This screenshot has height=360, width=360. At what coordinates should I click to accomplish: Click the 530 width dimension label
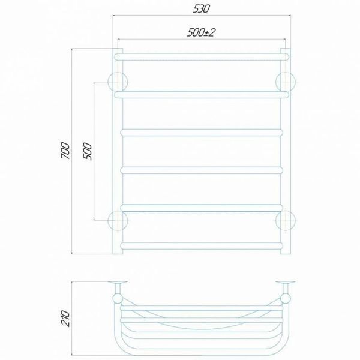click(x=202, y=9)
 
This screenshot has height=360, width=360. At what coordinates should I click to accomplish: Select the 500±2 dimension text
click(x=202, y=32)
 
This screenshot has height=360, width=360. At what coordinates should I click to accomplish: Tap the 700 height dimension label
click(x=65, y=151)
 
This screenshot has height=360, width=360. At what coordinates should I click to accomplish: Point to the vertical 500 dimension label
click(x=88, y=151)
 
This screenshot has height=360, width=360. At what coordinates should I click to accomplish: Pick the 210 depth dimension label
click(x=65, y=318)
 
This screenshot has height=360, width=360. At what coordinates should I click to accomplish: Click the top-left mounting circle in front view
click(x=118, y=82)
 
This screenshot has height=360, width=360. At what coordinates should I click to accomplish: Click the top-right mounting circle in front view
click(x=286, y=82)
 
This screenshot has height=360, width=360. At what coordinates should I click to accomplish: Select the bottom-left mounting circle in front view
click(x=118, y=220)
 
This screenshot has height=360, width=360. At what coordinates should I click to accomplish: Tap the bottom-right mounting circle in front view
click(x=286, y=220)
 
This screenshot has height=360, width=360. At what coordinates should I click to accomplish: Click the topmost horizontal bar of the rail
click(x=202, y=57)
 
